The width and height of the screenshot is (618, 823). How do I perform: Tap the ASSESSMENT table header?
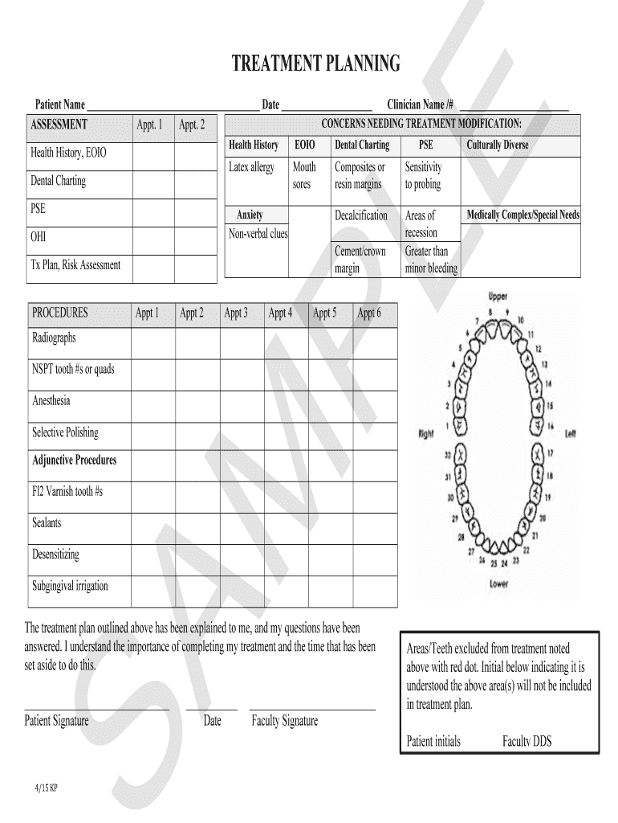tap(59, 124)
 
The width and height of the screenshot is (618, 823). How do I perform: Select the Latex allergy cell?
tap(251, 167)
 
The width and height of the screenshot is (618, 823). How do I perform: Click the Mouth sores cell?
tap(304, 175)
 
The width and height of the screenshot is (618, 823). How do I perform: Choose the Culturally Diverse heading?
tap(498, 145)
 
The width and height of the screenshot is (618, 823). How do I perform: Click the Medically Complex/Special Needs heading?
tap(522, 215)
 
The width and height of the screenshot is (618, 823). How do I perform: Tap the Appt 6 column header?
tap(368, 313)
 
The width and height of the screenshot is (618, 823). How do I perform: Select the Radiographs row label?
tap(54, 338)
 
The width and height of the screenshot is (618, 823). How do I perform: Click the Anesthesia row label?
tap(51, 400)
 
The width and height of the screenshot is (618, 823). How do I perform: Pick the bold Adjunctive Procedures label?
tap(74, 461)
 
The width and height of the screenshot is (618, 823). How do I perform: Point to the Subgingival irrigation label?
tap(70, 586)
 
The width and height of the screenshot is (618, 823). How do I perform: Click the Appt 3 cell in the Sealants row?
tap(242, 524)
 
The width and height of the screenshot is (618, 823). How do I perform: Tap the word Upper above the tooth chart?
tap(498, 297)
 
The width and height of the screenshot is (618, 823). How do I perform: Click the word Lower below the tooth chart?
tap(498, 584)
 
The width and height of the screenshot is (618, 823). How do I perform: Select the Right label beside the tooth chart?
tap(425, 434)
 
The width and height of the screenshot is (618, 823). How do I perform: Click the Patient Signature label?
tap(56, 721)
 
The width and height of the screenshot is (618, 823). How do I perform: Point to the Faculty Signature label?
tap(284, 721)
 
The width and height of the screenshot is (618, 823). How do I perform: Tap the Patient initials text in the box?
tap(433, 741)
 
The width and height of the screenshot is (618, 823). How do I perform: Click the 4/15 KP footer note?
tap(46, 788)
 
